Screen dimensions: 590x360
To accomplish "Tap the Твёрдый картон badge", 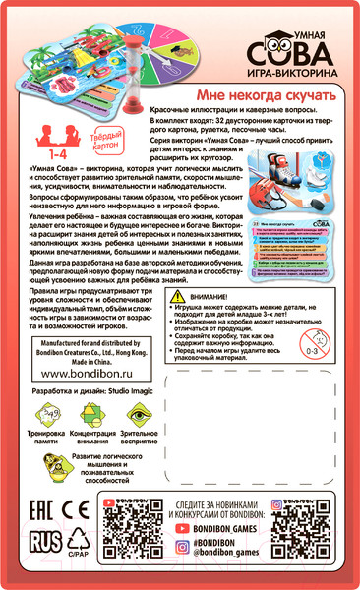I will tap(83, 137).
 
